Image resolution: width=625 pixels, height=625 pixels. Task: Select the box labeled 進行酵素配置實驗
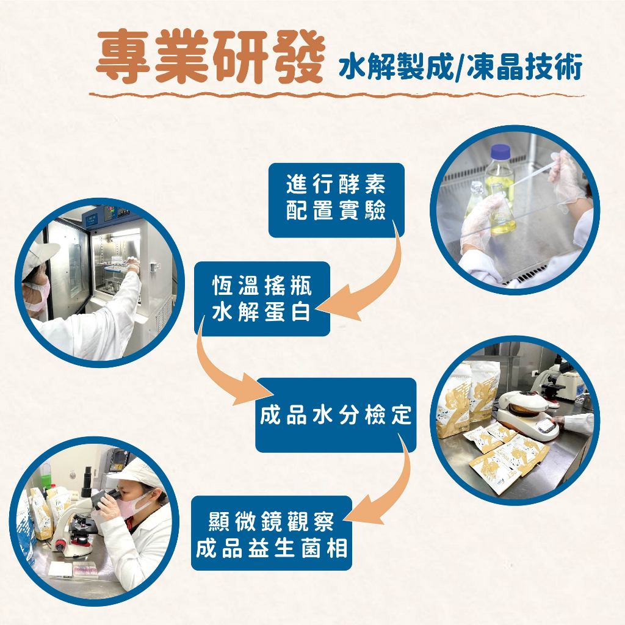click(336, 200)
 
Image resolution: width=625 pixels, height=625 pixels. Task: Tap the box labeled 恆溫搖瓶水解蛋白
click(262, 298)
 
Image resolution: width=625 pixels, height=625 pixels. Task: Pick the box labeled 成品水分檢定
click(335, 415)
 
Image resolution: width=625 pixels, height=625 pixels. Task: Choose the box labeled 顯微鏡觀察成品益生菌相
click(271, 533)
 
